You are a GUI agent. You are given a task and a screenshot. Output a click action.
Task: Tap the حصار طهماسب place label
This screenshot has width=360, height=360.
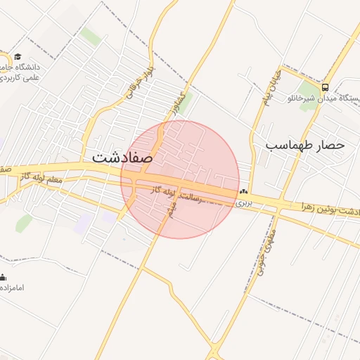[305, 145]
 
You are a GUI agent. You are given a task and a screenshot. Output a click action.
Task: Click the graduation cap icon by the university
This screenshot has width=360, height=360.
[18, 57]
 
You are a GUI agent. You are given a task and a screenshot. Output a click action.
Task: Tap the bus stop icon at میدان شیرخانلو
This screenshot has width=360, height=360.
[325, 87]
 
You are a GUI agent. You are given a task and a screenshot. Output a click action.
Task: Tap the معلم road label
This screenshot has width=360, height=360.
[51, 179]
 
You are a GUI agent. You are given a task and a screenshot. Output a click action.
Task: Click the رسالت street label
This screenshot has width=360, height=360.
[192, 197]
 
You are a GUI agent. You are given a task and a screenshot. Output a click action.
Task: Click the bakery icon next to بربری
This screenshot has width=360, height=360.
[243, 191]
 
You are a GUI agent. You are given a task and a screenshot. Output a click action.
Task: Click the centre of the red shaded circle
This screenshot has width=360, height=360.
[180, 179]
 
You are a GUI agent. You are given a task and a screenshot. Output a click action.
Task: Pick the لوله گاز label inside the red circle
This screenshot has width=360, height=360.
[163, 191]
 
